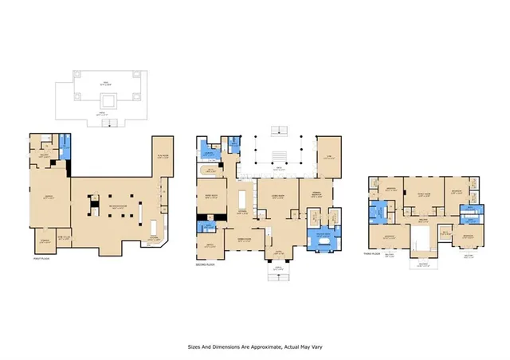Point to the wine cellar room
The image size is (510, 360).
[x=65, y=237]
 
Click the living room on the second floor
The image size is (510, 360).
[x=278, y=200]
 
